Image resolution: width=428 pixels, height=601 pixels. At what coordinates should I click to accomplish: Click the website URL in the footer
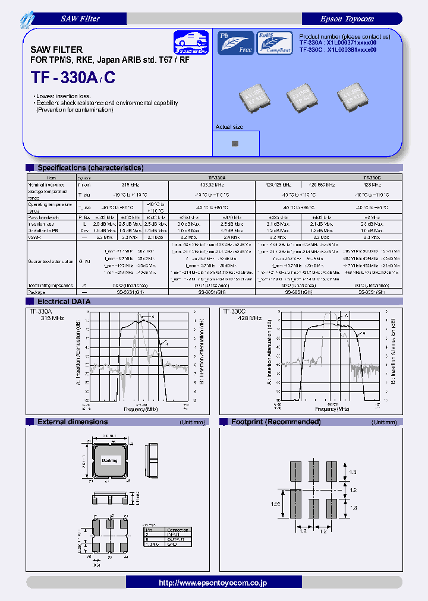pos(213,583)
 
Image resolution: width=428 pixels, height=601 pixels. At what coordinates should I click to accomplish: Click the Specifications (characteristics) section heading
pos(90,168)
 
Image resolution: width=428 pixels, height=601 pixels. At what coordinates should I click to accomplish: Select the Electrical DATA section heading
pos(64,302)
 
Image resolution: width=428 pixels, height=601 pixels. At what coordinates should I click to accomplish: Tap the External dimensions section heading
pos(73,422)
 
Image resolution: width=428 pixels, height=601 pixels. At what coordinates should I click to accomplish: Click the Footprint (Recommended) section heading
pos(275,422)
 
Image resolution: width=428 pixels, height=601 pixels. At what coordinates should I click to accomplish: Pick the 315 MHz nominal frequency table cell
pos(122,185)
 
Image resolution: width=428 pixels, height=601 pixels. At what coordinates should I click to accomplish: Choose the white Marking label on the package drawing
pos(109,461)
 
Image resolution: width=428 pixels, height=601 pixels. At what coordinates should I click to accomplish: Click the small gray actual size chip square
pos(235,143)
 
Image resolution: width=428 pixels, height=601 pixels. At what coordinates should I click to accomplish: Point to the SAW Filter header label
pos(80,19)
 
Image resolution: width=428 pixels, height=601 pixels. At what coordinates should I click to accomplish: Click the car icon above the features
pos(192,43)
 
